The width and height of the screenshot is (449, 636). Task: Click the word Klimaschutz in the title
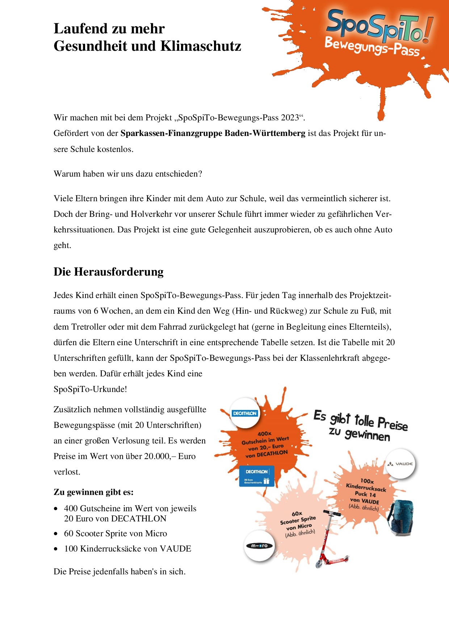point(201,46)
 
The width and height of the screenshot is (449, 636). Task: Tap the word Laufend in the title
point(79,29)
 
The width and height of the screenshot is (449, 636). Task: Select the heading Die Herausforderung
point(109,272)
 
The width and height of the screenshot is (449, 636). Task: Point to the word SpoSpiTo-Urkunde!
point(90,389)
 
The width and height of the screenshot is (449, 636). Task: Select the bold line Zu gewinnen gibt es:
point(93,492)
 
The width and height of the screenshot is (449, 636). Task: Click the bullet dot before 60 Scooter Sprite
point(56,534)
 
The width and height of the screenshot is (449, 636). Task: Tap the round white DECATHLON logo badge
point(245,413)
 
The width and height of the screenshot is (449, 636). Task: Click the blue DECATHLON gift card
point(256,476)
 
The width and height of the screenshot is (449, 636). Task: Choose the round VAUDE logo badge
point(400,464)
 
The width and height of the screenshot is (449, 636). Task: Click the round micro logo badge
point(259,546)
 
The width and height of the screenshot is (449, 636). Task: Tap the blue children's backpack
point(401,517)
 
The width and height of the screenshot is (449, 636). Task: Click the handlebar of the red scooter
point(332,513)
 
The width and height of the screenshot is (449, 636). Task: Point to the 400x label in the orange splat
point(264,434)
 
